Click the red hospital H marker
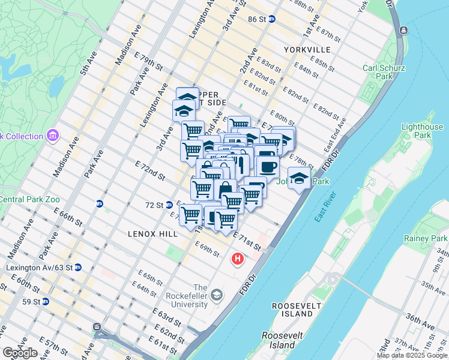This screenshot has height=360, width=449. (238, 260)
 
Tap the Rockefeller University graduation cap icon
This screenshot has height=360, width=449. (216, 295)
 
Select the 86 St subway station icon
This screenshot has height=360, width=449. (271, 19)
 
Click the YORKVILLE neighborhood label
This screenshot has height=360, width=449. (307, 49)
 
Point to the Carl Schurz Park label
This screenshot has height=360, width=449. (378, 72)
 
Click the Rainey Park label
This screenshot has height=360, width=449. (426, 239)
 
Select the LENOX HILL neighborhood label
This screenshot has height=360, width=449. (152, 233)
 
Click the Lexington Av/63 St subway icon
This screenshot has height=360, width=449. (78, 268)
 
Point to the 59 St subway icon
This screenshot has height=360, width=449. (46, 301)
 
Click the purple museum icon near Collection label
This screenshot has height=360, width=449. (52, 136)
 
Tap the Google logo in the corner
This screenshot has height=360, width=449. (19, 353)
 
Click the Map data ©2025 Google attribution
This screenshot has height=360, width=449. (412, 355)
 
